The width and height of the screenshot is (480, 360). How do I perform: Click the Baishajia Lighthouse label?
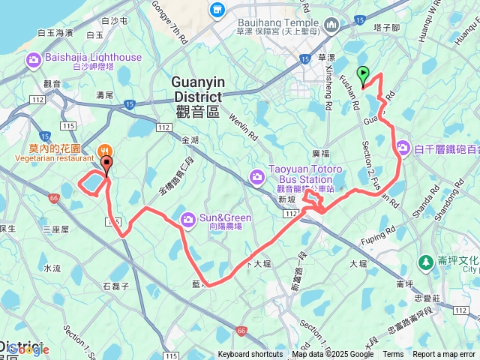coord(94,57)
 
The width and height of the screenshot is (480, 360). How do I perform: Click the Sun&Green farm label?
coord(225,217)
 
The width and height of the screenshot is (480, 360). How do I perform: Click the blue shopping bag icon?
coord(218,10)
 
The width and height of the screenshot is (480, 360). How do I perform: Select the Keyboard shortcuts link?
coord(250,355)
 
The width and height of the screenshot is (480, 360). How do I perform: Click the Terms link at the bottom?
coord(393,355)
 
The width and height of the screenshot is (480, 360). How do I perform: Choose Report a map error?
coord(445,355)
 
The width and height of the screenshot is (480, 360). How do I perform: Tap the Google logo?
coord(28,349)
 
